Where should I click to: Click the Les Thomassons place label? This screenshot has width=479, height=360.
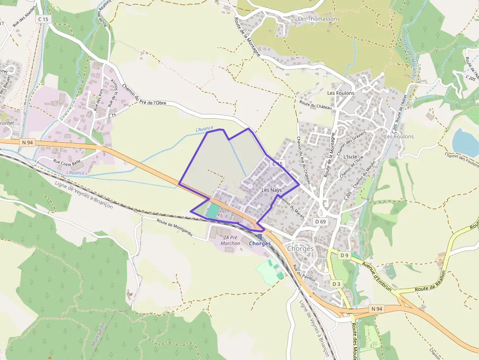[319, 19]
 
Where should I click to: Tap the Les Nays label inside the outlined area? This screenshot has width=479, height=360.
[271, 190]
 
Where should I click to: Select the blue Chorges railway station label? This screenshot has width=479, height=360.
[260, 244]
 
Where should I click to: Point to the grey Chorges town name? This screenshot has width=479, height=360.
[300, 249]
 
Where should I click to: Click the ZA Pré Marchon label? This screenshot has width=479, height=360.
[229, 240]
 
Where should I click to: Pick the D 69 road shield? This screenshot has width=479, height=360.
[320, 221]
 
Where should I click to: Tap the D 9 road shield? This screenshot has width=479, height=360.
[345, 255]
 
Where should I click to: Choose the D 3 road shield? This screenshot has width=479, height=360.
[335, 284]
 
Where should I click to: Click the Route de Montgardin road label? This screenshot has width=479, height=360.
[174, 228]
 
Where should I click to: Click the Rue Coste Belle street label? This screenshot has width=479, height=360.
[67, 162]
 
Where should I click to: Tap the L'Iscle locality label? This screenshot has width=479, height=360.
[350, 156]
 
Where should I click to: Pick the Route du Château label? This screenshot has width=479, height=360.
[315, 105]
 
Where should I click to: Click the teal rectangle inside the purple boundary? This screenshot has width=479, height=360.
[213, 211]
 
